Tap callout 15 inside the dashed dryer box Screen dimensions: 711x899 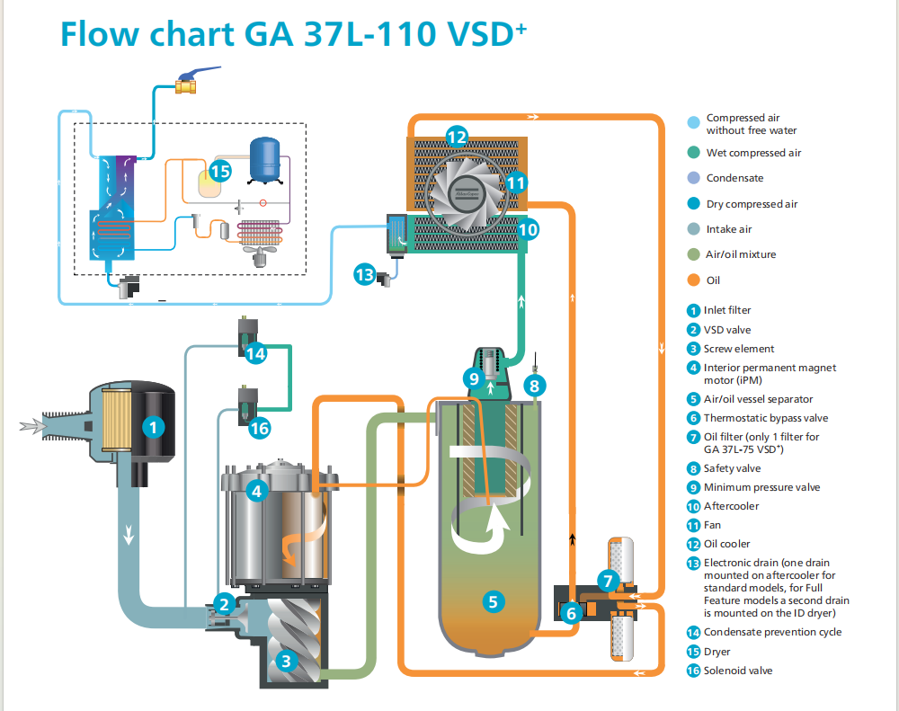[220, 170]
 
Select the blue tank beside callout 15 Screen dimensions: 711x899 [264, 158]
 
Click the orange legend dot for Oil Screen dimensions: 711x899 [692, 280]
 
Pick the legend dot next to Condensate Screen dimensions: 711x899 [692, 178]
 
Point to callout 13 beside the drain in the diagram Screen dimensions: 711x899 [364, 274]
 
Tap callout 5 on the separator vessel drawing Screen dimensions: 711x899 [491, 601]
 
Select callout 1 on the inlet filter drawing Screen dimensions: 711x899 [156, 428]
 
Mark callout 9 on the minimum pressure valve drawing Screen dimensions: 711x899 [474, 378]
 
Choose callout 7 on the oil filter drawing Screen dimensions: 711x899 [608, 581]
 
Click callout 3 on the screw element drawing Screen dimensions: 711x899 [286, 662]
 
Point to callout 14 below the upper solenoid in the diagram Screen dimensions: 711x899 [255, 353]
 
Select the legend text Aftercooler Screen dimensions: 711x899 [731, 506]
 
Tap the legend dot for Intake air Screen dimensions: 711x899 [692, 229]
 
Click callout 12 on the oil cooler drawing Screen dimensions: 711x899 [457, 138]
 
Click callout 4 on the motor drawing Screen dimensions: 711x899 [256, 491]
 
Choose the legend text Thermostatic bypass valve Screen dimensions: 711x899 [766, 418]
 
